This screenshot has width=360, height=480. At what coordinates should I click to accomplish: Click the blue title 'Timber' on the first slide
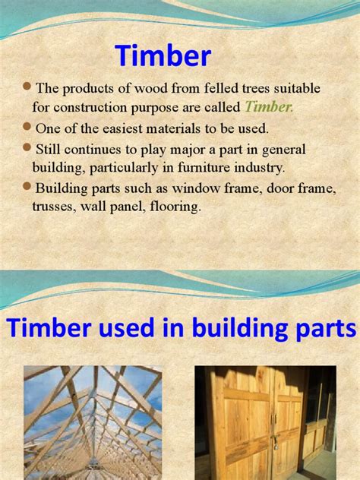point(163,55)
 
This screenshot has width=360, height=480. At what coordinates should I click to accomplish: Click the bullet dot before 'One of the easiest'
point(27,126)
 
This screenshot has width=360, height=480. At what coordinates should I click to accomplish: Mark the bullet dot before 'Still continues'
point(27,147)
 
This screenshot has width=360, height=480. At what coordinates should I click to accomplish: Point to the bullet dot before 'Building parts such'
point(27,186)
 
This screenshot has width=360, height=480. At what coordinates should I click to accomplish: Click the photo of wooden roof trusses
point(93,422)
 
